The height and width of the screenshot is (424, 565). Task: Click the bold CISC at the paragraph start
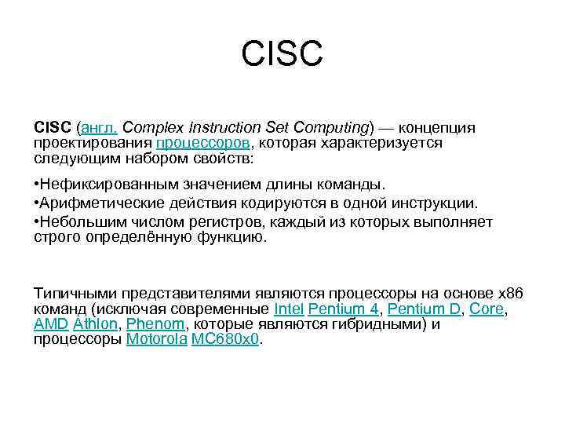53,127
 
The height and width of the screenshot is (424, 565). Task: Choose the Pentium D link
425,309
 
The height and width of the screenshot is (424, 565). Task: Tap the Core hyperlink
486,309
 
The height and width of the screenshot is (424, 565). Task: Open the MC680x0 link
225,339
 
